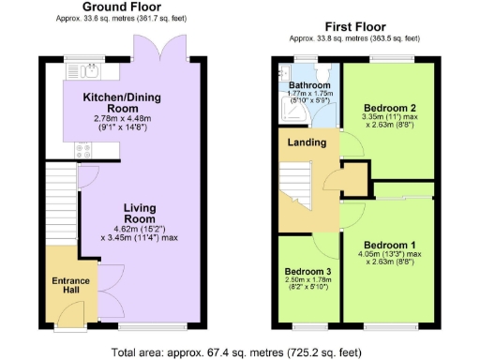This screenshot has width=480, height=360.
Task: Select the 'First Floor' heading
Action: [x=352, y=27]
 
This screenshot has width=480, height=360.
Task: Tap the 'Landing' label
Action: [x=307, y=142]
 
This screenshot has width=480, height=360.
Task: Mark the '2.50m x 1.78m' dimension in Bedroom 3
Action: [x=308, y=285]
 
